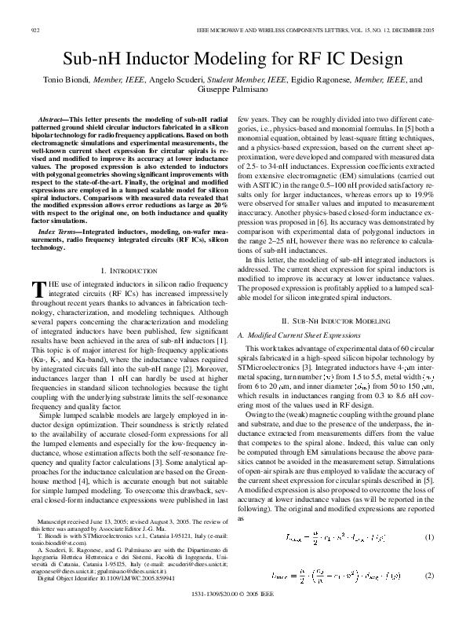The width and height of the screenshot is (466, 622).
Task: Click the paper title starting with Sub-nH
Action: tap(232, 58)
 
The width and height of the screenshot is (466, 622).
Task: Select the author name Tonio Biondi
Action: tap(65, 80)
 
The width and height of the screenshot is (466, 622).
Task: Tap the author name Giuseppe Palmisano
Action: tap(232, 91)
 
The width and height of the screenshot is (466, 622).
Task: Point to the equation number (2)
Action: tap(429, 576)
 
